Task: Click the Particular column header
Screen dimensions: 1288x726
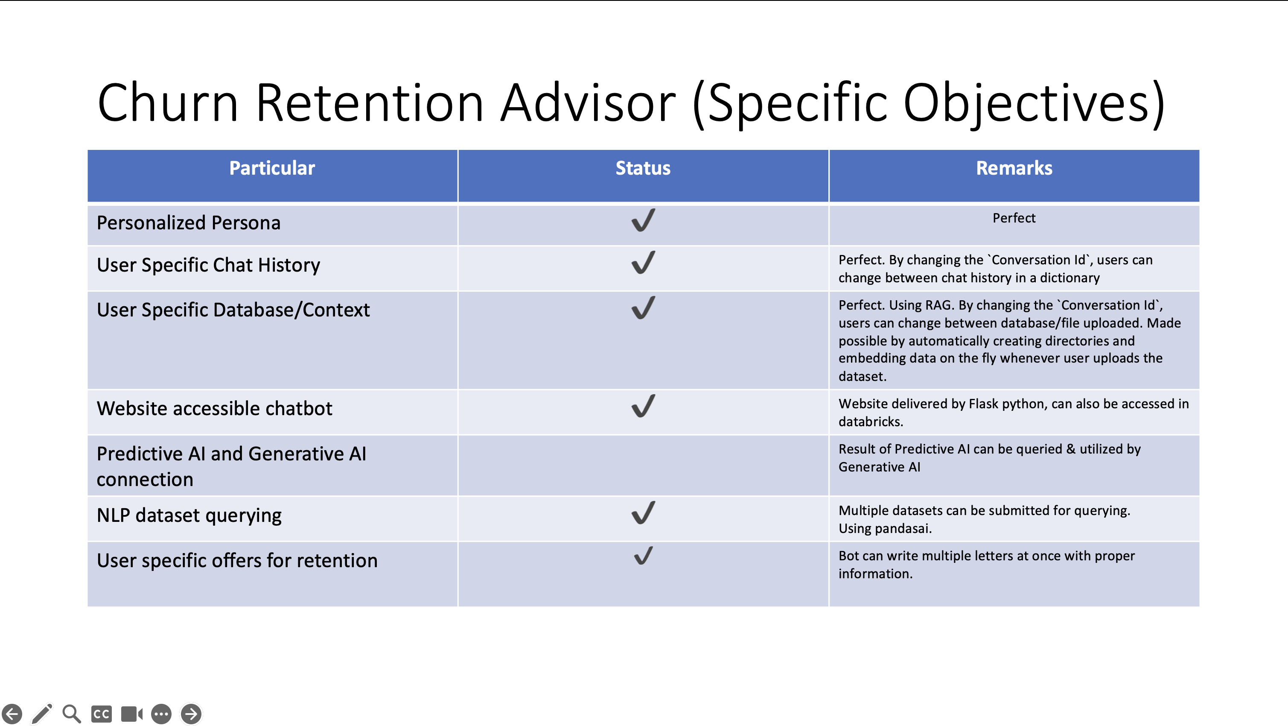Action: [272, 168]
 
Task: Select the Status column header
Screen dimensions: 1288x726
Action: [643, 168]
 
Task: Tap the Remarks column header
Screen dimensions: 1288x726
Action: [1014, 168]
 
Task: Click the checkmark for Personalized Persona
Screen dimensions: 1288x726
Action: [644, 220]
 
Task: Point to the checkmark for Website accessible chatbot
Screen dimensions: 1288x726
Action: [644, 406]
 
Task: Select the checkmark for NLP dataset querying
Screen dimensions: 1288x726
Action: [644, 512]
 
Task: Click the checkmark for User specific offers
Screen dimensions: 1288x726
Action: [644, 555]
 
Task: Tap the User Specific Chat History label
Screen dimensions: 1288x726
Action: [208, 265]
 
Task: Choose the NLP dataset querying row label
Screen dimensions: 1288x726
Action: [189, 515]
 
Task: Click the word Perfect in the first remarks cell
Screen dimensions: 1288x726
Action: [1014, 218]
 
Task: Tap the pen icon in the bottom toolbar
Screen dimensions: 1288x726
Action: [42, 714]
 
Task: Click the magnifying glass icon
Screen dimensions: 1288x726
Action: [72, 714]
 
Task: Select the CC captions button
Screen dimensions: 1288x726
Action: [102, 714]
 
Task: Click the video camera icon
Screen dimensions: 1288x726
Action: [132, 714]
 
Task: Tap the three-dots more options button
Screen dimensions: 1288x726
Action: [161, 714]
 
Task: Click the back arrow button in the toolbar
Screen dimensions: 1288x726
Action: [12, 714]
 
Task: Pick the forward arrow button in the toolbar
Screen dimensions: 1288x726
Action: [191, 714]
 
